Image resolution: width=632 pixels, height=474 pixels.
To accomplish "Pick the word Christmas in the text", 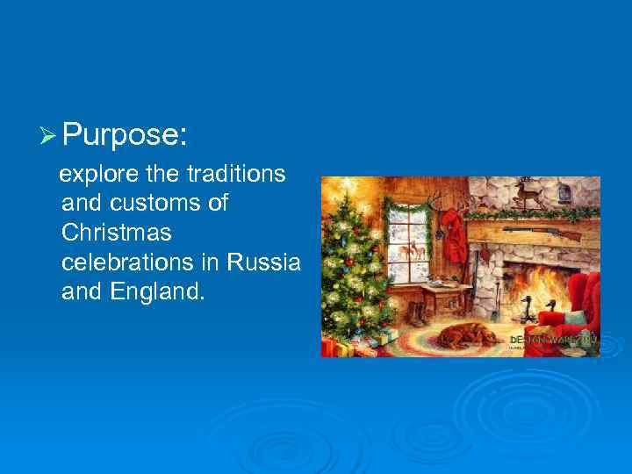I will (117, 233).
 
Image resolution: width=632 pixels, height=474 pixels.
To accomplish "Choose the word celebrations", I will (140, 262).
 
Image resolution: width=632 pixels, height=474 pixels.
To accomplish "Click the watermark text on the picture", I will (553, 339).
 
